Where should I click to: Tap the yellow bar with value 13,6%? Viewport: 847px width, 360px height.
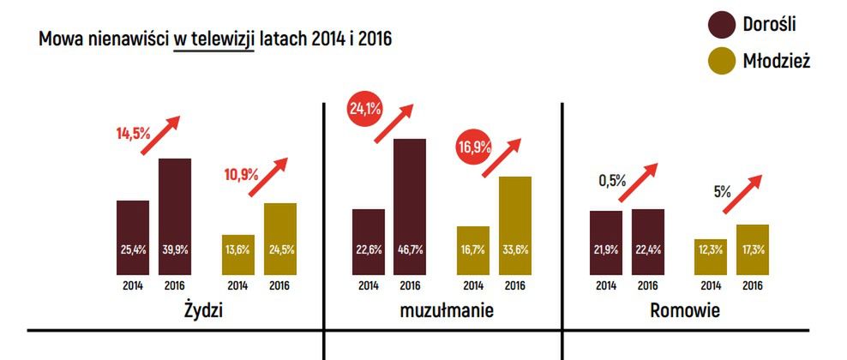coord(238,254)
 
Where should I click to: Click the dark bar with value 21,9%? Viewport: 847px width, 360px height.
coord(606,242)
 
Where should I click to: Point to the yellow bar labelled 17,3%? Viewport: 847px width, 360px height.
coord(753,249)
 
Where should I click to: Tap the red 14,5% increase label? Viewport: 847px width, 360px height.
coord(133,134)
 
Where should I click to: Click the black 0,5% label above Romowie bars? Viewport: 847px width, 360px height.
coord(612,181)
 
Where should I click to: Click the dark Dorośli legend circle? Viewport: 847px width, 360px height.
coord(724,25)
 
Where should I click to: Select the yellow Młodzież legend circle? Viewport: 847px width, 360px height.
coord(724,62)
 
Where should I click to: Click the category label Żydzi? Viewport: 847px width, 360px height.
coord(203,309)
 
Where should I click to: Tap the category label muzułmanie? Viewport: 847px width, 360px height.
coord(447,309)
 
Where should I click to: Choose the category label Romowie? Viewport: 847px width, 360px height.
coord(683,309)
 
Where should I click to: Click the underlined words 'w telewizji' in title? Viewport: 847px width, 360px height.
coord(213,39)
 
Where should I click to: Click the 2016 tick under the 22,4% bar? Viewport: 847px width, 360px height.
coord(648,285)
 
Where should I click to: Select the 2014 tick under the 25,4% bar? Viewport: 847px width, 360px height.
coord(133,285)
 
